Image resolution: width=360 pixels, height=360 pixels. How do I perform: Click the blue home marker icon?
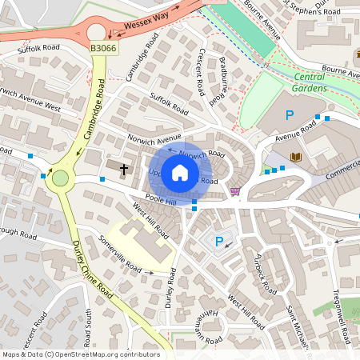pyautogui.click(x=180, y=172)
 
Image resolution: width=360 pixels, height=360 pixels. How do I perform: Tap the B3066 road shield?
pyautogui.click(x=102, y=49)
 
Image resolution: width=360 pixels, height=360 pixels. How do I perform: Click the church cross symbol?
pyautogui.click(x=124, y=169)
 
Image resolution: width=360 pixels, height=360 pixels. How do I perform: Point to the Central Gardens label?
pyautogui.click(x=305, y=82)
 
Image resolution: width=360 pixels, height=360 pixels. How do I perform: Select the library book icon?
pyautogui.click(x=297, y=156)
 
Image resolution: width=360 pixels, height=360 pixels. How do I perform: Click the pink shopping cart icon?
pyautogui.click(x=235, y=191)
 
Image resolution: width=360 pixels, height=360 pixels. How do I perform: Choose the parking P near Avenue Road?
pyautogui.click(x=290, y=116)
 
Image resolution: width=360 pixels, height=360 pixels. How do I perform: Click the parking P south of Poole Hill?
pyautogui.click(x=219, y=241)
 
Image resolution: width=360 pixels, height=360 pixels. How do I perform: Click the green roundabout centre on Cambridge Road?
pyautogui.click(x=59, y=178)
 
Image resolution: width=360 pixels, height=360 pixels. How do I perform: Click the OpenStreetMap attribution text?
pyautogui.click(x=80, y=354)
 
